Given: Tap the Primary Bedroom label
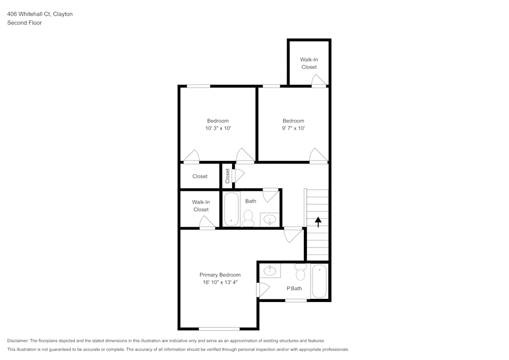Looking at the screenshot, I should pyautogui.click(x=220, y=275).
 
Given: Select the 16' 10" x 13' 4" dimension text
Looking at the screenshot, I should pyautogui.click(x=220, y=283).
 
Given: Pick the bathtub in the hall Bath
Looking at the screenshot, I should pyautogui.click(x=232, y=209).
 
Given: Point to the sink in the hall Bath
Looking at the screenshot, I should pyautogui.click(x=269, y=219).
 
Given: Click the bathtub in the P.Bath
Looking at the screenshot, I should pyautogui.click(x=320, y=281).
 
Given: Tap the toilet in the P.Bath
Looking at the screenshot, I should pyautogui.click(x=300, y=271).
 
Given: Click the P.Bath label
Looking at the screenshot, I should pyautogui.click(x=294, y=289).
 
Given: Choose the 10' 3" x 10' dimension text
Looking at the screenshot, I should pyautogui.click(x=218, y=129).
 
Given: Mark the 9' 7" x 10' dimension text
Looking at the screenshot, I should pyautogui.click(x=293, y=129).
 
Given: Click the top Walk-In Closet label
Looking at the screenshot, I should pyautogui.click(x=308, y=63).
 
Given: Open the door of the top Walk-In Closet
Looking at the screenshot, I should pyautogui.click(x=318, y=81).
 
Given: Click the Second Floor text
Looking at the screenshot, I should pyautogui.click(x=24, y=23).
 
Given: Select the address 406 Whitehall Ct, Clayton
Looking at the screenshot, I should pyautogui.click(x=40, y=14).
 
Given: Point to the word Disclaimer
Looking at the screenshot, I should pyautogui.click(x=18, y=341).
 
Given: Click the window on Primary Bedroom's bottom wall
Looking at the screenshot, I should pyautogui.click(x=219, y=329).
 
